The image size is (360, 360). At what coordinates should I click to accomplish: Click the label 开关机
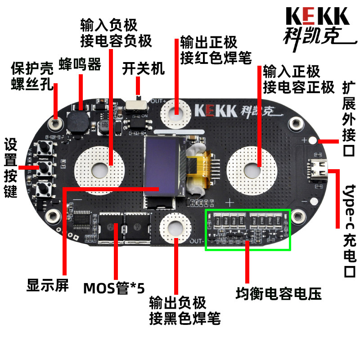(x=144, y=68)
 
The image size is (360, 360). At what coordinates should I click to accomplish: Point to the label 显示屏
(x=47, y=285)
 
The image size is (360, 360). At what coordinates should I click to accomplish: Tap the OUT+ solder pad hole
(x=176, y=111)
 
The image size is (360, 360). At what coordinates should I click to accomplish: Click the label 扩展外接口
(x=349, y=117)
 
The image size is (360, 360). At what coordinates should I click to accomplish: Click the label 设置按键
(x=10, y=168)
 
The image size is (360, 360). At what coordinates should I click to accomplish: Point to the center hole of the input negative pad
(x=99, y=169)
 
